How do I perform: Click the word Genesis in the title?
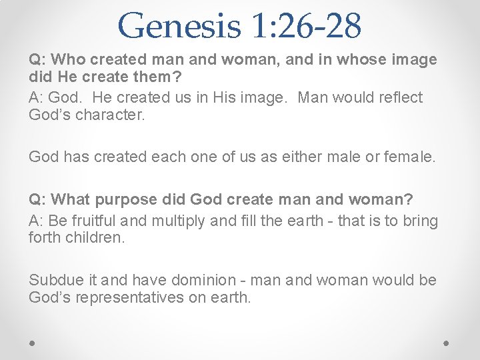pyautogui.click(x=178, y=25)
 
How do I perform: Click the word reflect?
pyautogui.click(x=399, y=98)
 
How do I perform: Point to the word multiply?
pyautogui.click(x=180, y=221)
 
